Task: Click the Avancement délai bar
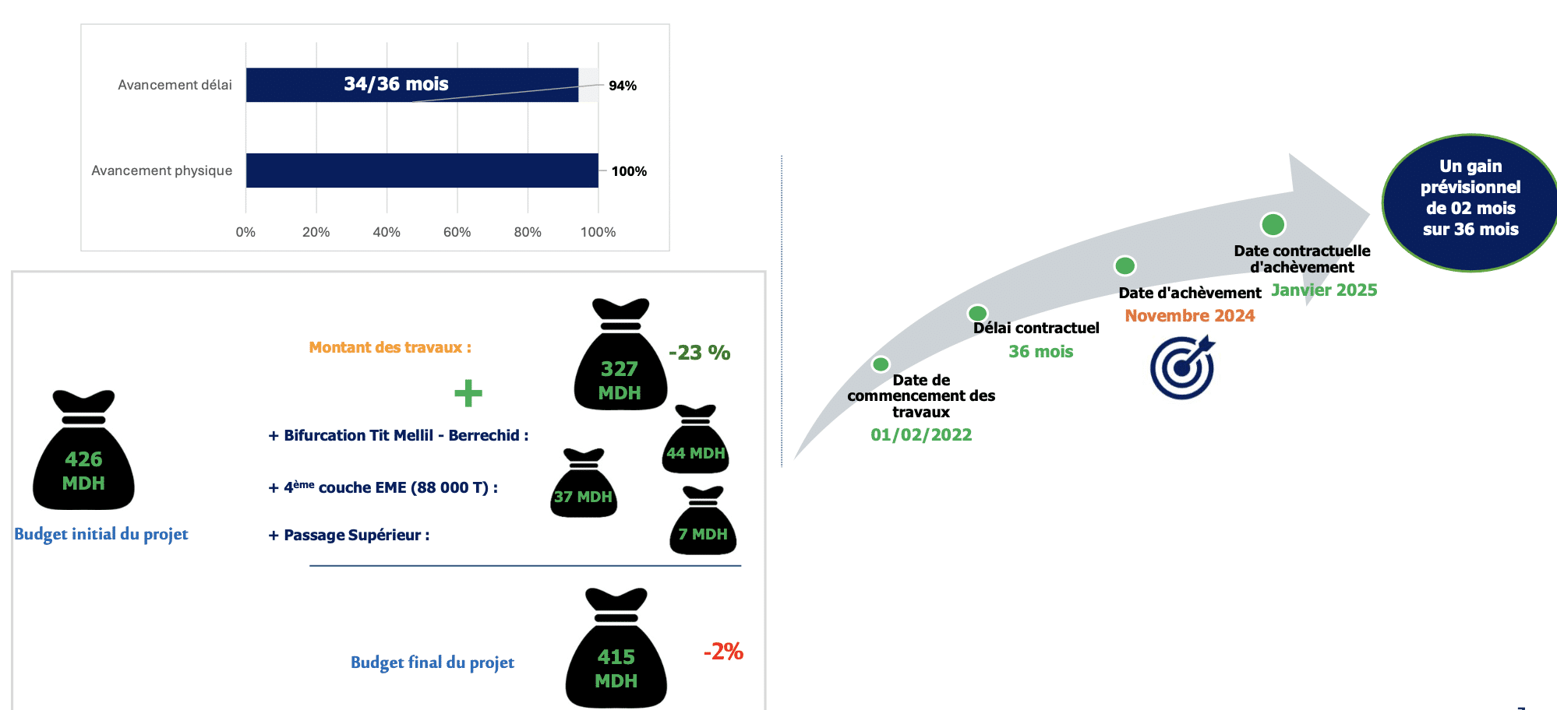412,85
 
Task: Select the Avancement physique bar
422,170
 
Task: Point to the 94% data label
623,86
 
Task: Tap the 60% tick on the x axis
457,232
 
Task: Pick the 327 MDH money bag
620,354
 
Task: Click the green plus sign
468,393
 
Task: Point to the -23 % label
700,353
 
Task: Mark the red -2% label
723,652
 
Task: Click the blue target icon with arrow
1183,367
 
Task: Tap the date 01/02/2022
921,434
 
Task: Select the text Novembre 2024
1190,315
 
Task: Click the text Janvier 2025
1324,290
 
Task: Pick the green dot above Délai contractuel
977,313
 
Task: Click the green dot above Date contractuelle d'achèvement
1273,224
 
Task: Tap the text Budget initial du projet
101,534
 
